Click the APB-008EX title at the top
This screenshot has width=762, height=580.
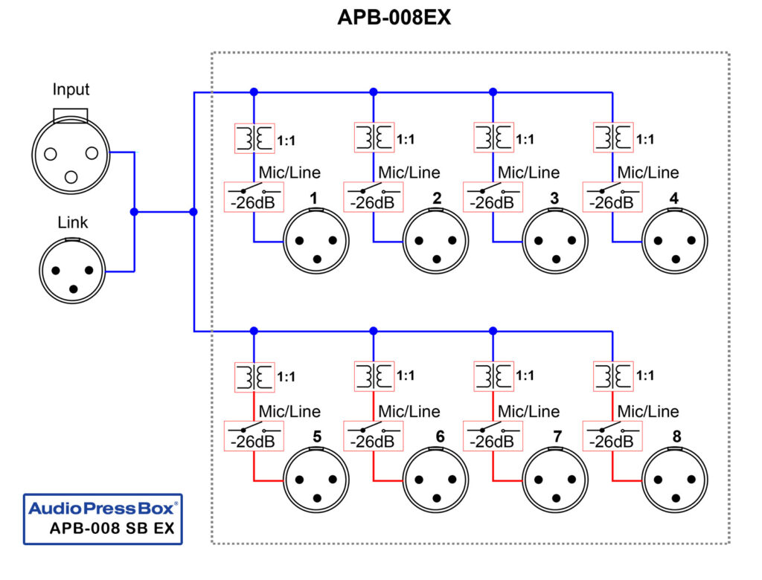tap(394, 18)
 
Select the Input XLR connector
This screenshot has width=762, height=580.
tap(71, 153)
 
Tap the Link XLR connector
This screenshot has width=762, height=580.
tap(72, 270)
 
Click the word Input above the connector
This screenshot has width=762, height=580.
tap(71, 90)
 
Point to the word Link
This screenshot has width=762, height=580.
tap(72, 222)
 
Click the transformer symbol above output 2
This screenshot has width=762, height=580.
tap(374, 138)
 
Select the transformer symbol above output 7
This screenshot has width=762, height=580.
tap(493, 376)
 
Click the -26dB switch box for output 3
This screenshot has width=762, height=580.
tap(493, 197)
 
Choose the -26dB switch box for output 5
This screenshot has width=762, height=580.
tap(254, 436)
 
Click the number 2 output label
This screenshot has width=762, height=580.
tap(437, 199)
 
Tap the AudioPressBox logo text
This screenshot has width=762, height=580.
tap(103, 509)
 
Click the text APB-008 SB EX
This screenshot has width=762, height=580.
tap(114, 530)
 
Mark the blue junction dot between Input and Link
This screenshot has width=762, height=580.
tap(134, 212)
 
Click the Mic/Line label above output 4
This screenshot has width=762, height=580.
tap(648, 173)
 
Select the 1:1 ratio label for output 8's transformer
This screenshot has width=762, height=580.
tap(644, 376)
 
